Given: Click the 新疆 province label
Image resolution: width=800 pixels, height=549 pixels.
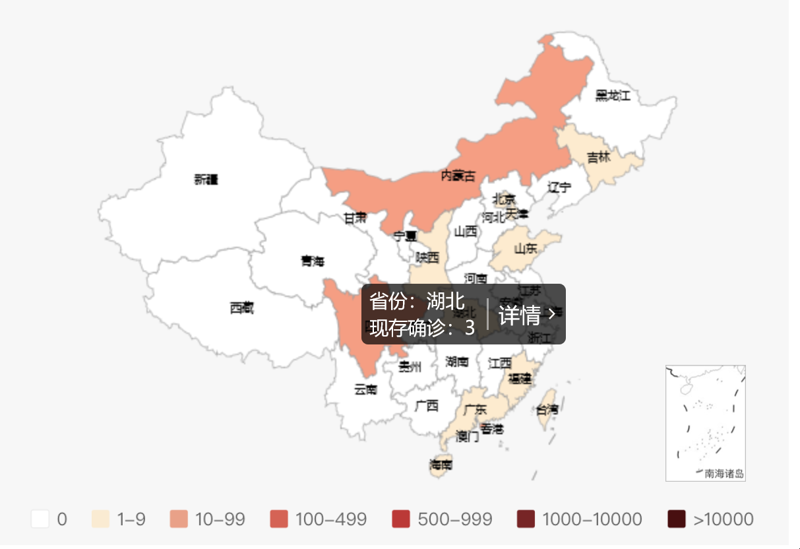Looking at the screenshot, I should [206, 179].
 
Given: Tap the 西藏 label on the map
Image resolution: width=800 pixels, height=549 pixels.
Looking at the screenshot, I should [241, 307].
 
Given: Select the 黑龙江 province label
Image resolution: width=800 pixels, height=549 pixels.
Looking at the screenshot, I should [613, 96].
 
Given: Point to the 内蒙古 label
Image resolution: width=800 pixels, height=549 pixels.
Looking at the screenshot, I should [458, 176].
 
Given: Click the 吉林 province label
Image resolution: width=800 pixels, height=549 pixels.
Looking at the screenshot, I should [599, 158].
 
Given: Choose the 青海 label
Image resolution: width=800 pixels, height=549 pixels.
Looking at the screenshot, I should [313, 261].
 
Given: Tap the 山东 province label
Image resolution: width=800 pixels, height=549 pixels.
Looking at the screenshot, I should [526, 249].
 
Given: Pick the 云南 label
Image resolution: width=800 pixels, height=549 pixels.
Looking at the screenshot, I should [365, 389].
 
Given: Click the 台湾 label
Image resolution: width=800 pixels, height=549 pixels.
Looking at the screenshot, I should [546, 409].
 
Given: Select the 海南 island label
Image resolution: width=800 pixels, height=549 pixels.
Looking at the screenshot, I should [441, 465].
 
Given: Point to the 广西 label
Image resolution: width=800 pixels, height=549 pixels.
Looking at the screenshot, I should [427, 406].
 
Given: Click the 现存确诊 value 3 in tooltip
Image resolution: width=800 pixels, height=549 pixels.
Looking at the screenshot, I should [469, 328].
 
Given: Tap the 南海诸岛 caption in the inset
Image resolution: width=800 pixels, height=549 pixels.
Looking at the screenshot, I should [724, 473].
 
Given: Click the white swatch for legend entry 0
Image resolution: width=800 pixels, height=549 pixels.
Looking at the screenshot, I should [40, 519].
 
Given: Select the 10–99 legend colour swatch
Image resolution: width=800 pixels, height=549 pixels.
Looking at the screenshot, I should [178, 519].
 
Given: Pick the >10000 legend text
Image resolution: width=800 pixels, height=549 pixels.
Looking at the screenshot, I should [723, 519].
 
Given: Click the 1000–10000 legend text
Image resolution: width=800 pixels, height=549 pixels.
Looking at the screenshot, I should [592, 519].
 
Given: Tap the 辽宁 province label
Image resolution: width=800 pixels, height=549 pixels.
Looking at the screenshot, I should [559, 187].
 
